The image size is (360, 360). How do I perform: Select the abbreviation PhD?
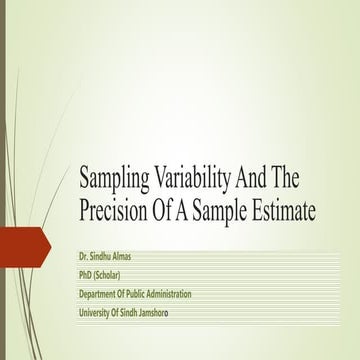[x=87, y=275]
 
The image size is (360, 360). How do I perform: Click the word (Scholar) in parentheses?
[x=117, y=275]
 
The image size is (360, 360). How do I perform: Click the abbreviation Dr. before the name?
[x=85, y=256]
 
